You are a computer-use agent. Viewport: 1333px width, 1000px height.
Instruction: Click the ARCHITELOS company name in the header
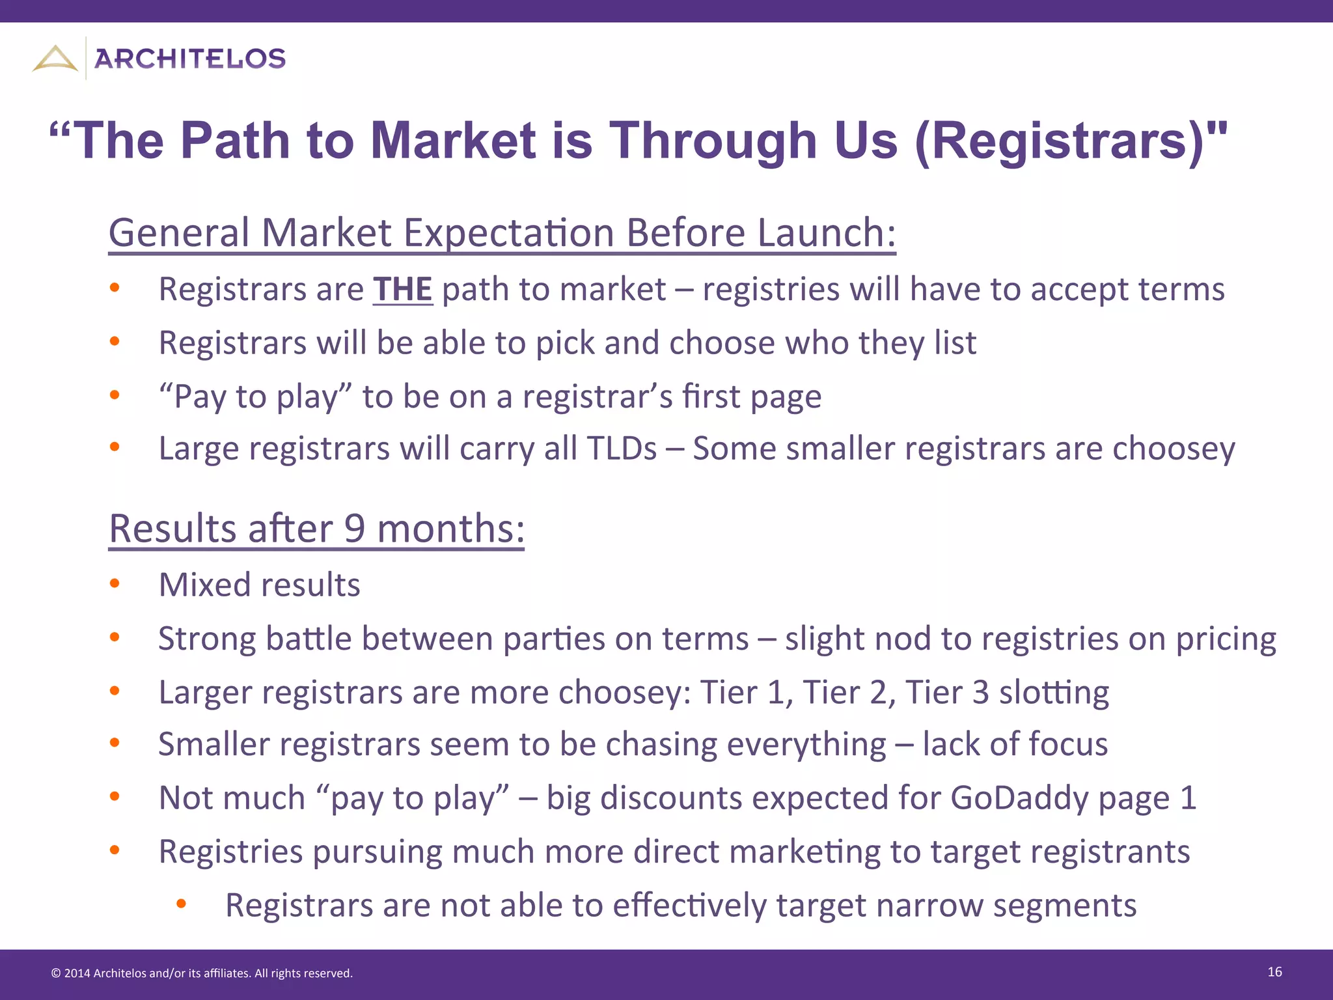190,59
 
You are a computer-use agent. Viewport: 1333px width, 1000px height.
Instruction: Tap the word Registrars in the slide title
1067,141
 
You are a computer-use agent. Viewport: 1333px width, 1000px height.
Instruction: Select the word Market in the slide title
453,141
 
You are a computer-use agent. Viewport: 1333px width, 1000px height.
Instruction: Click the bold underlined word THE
403,289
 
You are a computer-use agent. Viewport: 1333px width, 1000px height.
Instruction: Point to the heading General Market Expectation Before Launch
502,232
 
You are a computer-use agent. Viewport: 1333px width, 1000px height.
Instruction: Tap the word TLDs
622,449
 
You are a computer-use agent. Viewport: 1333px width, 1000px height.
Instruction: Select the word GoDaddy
1019,798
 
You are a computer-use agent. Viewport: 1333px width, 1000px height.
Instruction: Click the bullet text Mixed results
260,585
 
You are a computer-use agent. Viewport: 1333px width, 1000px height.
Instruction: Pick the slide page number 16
1274,972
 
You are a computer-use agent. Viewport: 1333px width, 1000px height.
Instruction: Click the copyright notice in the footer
202,973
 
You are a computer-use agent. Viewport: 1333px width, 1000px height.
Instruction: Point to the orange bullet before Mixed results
115,583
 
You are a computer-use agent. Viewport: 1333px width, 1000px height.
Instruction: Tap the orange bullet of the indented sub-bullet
181,904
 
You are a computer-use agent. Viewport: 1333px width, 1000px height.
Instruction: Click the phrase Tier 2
844,692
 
